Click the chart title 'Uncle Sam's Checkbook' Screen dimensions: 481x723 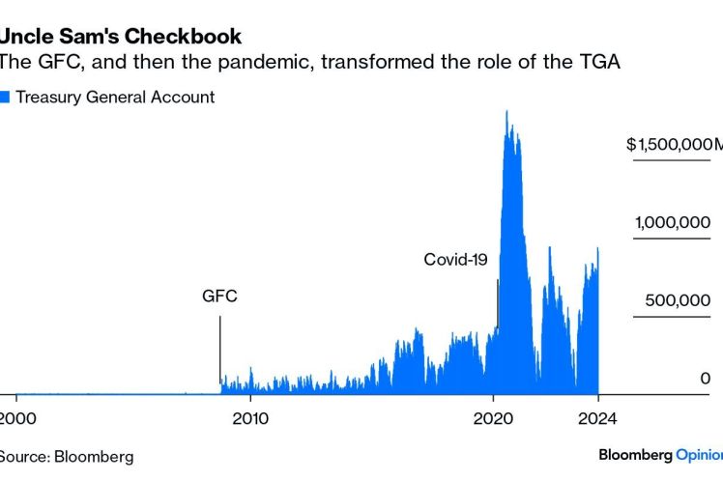(x=120, y=37)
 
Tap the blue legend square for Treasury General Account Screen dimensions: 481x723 (x=5, y=97)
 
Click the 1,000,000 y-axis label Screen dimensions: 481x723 (x=673, y=223)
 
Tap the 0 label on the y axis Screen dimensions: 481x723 (x=706, y=379)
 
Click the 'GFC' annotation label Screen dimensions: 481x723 (x=219, y=297)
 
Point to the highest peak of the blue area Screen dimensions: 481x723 (x=507, y=113)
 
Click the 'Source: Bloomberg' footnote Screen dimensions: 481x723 (x=66, y=456)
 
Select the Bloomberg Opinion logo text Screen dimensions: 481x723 (x=660, y=454)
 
